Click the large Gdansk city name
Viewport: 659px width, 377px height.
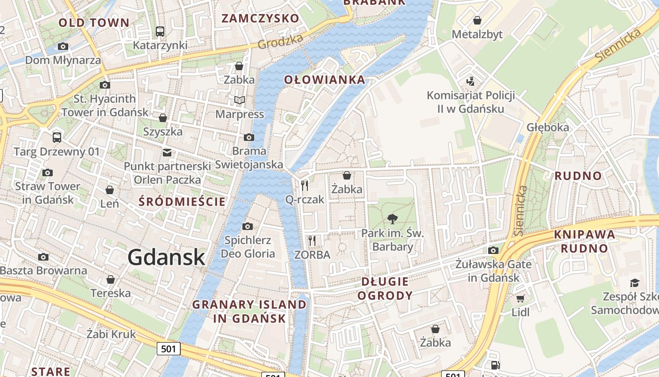click(x=166, y=257)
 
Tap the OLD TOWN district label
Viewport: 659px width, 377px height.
click(x=94, y=23)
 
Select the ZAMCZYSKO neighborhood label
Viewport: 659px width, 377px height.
click(x=260, y=18)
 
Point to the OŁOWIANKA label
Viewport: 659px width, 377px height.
click(x=325, y=80)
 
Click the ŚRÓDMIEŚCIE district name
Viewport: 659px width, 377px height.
click(x=183, y=202)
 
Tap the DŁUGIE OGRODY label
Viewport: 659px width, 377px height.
click(x=385, y=288)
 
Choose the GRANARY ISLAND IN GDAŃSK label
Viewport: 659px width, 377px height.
click(x=249, y=311)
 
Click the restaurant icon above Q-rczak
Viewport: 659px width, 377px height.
click(x=305, y=186)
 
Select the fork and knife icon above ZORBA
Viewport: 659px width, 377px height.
click(x=312, y=241)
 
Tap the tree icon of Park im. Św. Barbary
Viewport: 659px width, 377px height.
click(x=392, y=219)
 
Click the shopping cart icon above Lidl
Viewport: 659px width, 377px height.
click(x=520, y=299)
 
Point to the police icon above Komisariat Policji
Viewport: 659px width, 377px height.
click(x=470, y=82)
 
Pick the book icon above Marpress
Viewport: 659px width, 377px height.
click(x=240, y=100)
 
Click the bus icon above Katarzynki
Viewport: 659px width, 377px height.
click(x=160, y=32)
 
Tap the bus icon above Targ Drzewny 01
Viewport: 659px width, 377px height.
click(x=57, y=138)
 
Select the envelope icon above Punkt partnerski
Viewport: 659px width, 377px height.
click(x=167, y=152)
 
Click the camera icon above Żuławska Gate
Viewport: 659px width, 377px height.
click(x=493, y=250)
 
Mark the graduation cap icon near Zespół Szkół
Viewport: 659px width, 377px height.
click(x=635, y=283)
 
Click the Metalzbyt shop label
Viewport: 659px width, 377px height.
click(x=477, y=34)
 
